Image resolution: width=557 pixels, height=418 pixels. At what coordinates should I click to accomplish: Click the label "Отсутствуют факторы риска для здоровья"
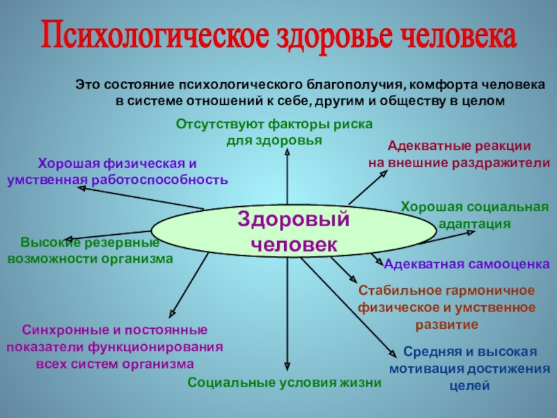tap(274, 132)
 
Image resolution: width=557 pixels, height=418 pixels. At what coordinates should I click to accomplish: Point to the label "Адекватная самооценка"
tap(467, 265)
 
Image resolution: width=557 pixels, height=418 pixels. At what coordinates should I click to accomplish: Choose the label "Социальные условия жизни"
tap(285, 382)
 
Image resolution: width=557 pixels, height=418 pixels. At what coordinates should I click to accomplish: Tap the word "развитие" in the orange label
tap(447, 325)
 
